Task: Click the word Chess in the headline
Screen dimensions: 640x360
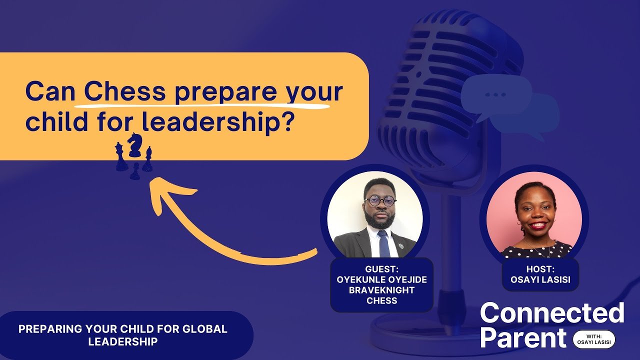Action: [x=125, y=92]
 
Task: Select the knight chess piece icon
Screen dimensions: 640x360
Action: [x=134, y=145]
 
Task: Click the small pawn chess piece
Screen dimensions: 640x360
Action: [x=135, y=171]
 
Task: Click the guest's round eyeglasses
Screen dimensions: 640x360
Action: [x=380, y=201]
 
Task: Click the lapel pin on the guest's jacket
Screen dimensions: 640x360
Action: [x=401, y=245]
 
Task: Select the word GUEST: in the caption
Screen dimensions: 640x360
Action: [x=381, y=269]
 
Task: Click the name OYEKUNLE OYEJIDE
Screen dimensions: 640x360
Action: [x=381, y=279]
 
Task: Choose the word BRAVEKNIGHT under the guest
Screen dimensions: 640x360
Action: [x=381, y=290]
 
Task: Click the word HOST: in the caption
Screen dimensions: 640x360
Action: [x=540, y=269]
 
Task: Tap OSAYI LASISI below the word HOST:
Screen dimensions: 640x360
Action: [x=540, y=279]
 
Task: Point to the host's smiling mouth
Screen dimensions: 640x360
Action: [x=537, y=225]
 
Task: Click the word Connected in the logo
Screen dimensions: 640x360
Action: [x=552, y=313]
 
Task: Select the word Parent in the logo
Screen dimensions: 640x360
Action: [x=523, y=337]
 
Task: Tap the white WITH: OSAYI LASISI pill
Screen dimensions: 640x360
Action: [x=594, y=339]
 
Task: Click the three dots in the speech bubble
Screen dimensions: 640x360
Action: [x=495, y=94]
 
